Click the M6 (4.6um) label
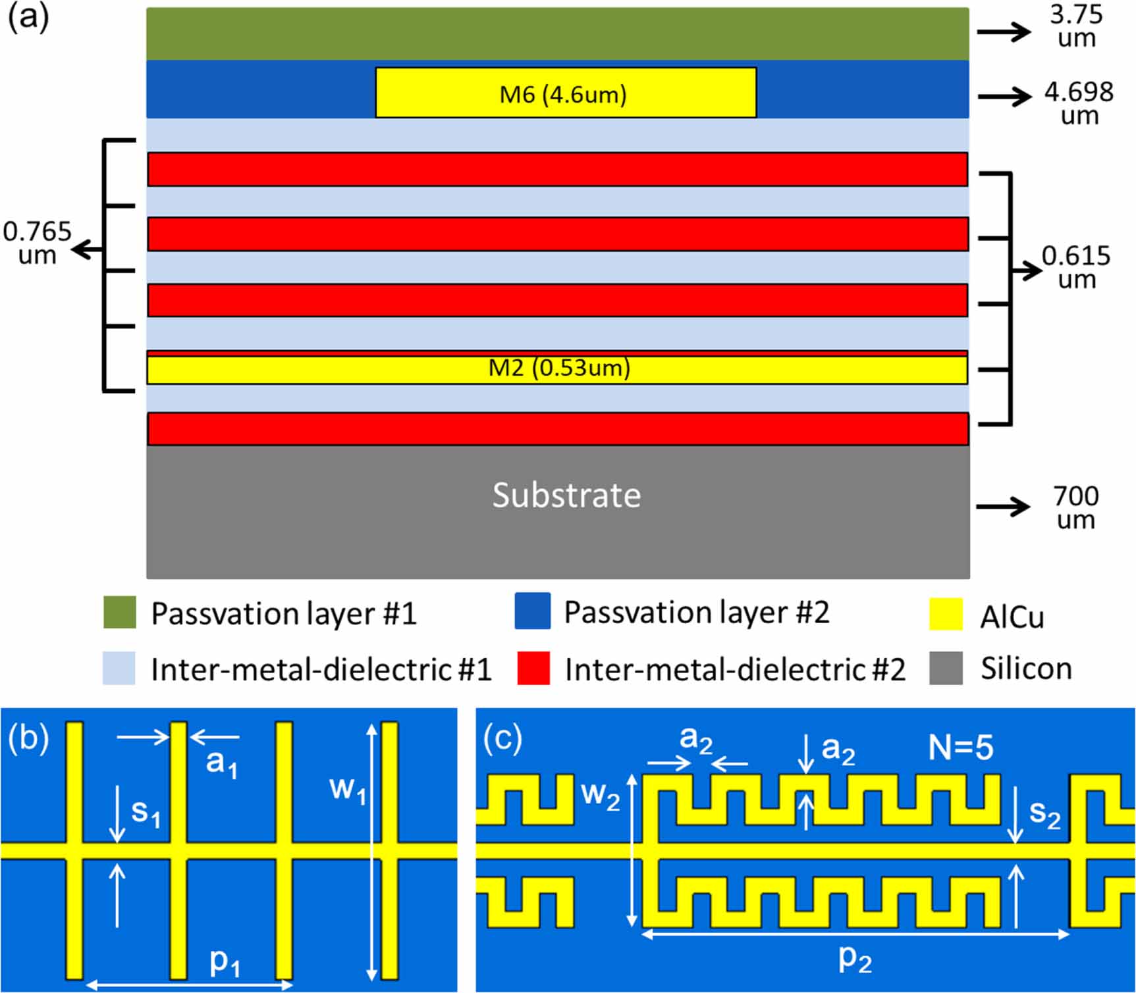click(x=563, y=95)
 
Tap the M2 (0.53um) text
click(x=559, y=367)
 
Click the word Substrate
click(x=566, y=495)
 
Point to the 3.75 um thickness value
click(x=1076, y=26)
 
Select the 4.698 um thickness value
click(x=1079, y=103)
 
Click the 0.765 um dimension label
click(x=38, y=243)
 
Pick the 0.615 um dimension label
click(x=1076, y=267)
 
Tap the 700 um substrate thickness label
click(x=1075, y=507)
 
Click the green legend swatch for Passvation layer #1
click(x=120, y=612)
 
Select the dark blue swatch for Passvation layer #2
click(x=532, y=611)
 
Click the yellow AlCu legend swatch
click(x=946, y=614)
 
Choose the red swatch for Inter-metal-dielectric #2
click(x=533, y=668)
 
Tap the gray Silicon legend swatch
click(x=946, y=668)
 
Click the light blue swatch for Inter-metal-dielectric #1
click(x=119, y=668)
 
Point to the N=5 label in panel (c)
click(x=960, y=748)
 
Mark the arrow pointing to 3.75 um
click(x=1003, y=31)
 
